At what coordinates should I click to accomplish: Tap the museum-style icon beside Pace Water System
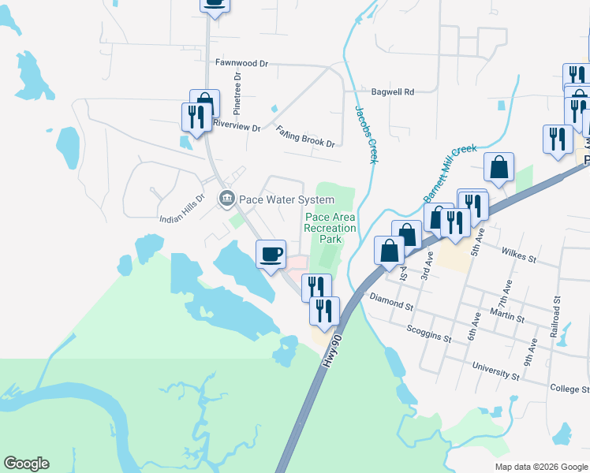(x=226, y=199)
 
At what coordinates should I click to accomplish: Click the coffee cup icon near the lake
(x=271, y=254)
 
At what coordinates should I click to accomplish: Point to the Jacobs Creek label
(x=364, y=134)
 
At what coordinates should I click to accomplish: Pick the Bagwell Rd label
(x=393, y=92)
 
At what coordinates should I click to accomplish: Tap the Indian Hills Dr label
(x=182, y=209)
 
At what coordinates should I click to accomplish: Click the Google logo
(x=26, y=464)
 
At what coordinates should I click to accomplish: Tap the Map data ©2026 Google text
(x=540, y=467)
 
